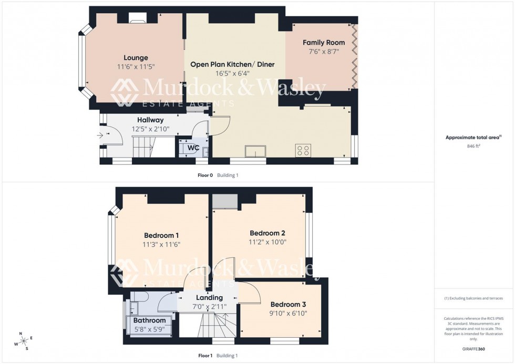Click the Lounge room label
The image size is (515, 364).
136,58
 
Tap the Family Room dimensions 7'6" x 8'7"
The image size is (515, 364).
324,52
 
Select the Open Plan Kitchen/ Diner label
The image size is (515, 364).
232,65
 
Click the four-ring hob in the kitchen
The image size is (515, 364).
303,150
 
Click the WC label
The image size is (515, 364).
193,148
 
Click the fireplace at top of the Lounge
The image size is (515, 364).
138,22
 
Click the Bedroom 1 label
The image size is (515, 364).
161,235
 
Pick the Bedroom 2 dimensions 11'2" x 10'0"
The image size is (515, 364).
267,242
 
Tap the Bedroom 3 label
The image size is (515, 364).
288,304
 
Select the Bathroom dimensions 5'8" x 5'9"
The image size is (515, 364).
149,329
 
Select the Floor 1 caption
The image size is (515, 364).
205,356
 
